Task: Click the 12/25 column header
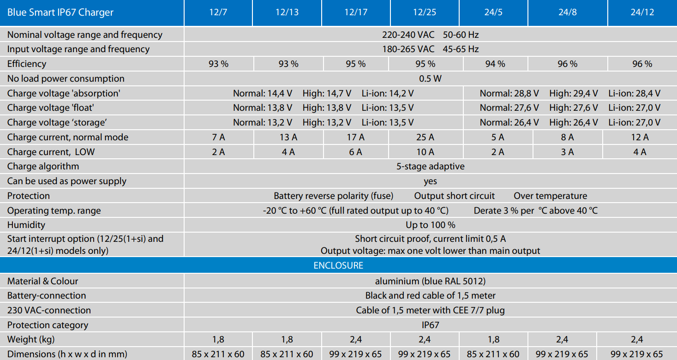pyautogui.click(x=425, y=12)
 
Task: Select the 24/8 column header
pyautogui.click(x=568, y=12)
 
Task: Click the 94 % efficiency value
pyautogui.click(x=495, y=64)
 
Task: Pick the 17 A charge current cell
pyautogui.click(x=355, y=137)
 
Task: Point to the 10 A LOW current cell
pyautogui.click(x=425, y=152)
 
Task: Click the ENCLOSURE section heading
pyautogui.click(x=338, y=265)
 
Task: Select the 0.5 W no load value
pyautogui.click(x=430, y=78)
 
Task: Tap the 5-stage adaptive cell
pyautogui.click(x=430, y=167)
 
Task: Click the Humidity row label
pyautogui.click(x=26, y=225)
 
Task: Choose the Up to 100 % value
pyautogui.click(x=430, y=225)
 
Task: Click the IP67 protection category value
pyautogui.click(x=430, y=325)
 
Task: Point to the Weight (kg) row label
pyautogui.click(x=31, y=340)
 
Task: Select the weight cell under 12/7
pyautogui.click(x=218, y=340)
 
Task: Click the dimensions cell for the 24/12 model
pyautogui.click(x=637, y=354)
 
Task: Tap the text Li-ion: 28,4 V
pyautogui.click(x=634, y=93)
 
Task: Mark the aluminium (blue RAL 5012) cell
pyautogui.click(x=430, y=281)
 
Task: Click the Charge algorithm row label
pyautogui.click(x=43, y=167)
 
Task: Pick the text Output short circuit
pyautogui.click(x=454, y=196)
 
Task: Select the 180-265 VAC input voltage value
pyautogui.click(x=408, y=49)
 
